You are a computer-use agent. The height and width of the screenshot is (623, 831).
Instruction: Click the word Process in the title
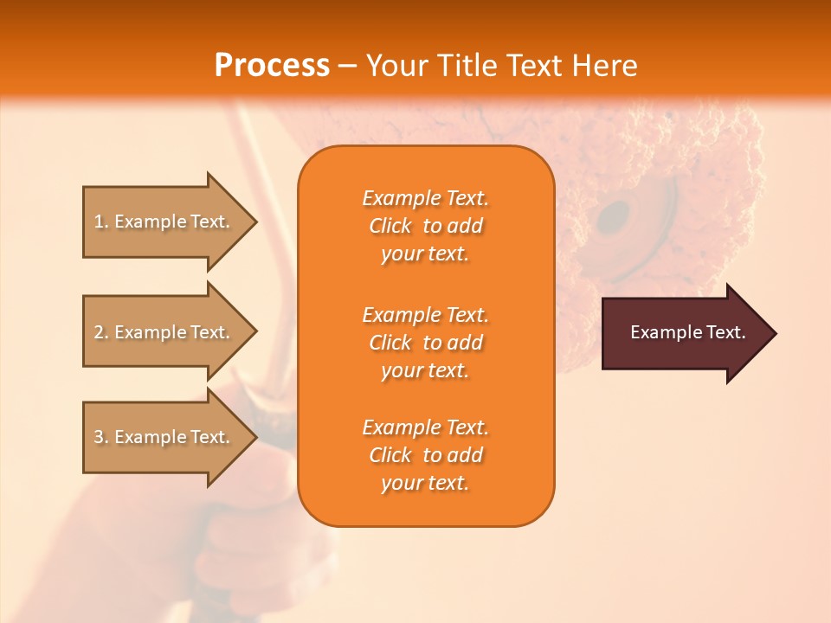[x=272, y=66]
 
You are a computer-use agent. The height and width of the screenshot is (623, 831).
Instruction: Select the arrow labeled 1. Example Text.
[x=164, y=222]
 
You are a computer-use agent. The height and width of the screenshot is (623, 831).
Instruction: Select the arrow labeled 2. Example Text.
[x=164, y=332]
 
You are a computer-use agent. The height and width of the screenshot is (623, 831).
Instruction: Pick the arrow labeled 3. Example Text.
[x=164, y=437]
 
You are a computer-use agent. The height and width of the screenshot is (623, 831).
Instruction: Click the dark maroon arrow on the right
[x=684, y=333]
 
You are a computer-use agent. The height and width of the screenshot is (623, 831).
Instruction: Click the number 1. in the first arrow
[x=101, y=222]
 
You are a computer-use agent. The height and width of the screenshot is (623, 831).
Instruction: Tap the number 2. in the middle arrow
[x=101, y=332]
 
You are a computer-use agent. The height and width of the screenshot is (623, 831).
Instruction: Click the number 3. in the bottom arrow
[x=101, y=437]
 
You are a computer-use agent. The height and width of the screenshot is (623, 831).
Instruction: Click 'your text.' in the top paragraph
[x=425, y=254]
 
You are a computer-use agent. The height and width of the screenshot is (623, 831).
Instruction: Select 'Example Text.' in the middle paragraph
[x=425, y=315]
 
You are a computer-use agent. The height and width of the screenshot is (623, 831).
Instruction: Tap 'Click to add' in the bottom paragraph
[x=425, y=455]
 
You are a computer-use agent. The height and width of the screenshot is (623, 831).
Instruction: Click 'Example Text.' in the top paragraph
[x=425, y=198]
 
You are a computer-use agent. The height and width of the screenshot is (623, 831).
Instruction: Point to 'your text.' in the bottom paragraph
[x=425, y=484]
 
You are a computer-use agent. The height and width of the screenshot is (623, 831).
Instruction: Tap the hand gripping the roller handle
[x=251, y=536]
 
